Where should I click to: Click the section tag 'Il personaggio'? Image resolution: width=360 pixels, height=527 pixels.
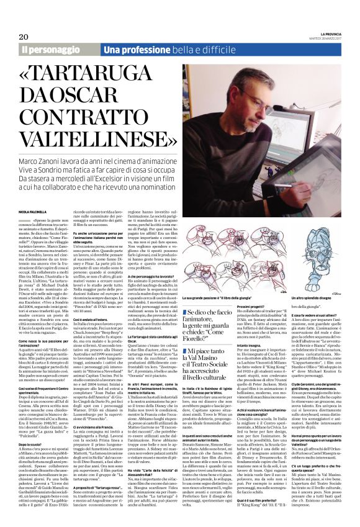click(x=48, y=49)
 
